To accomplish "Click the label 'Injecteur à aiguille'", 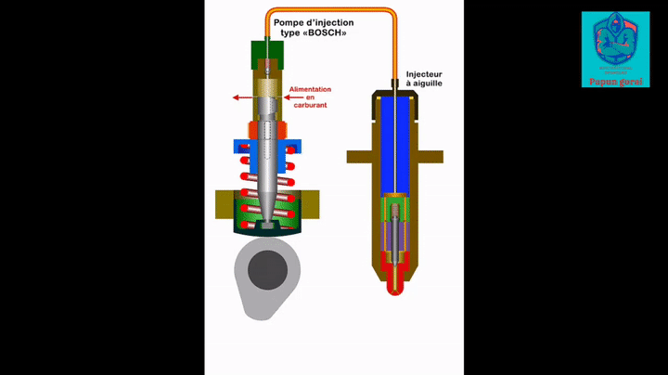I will (x=424, y=78).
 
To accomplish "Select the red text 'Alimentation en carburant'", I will (x=310, y=97).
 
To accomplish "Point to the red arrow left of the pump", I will (x=242, y=97).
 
